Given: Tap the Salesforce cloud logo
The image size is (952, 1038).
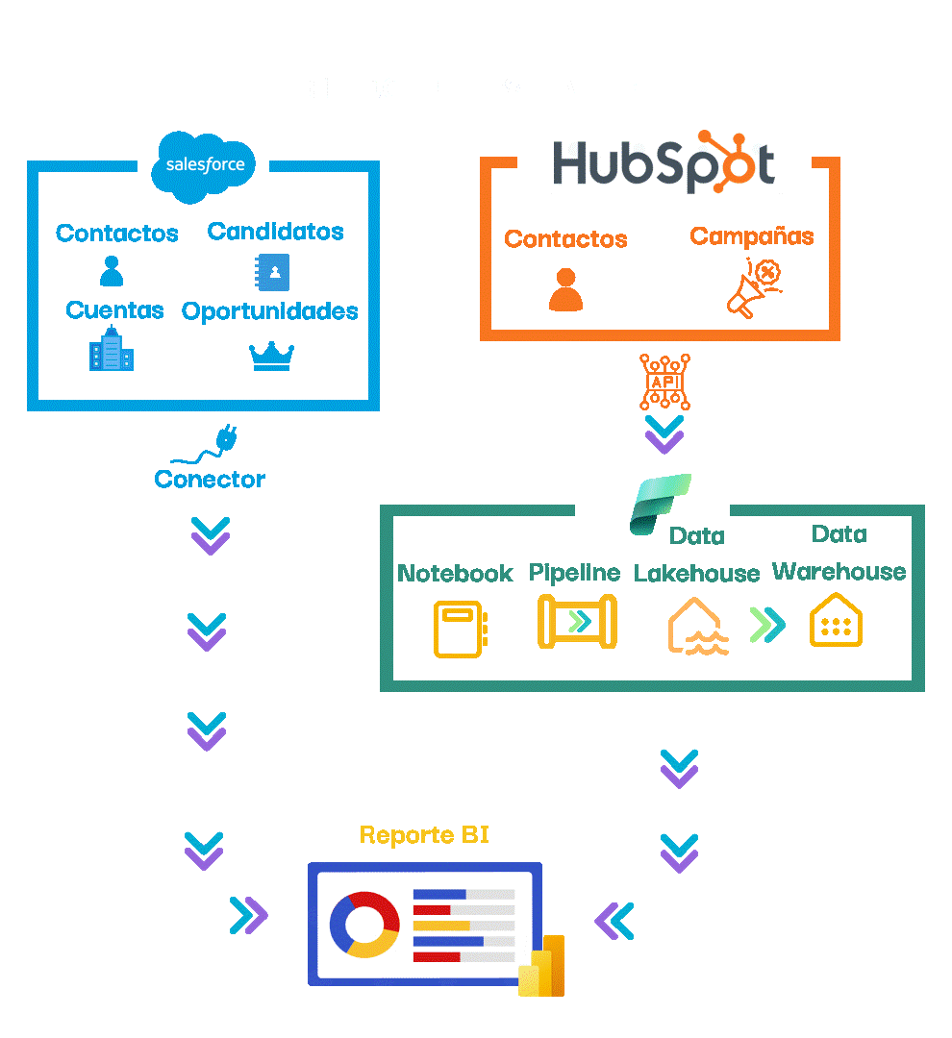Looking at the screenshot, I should [205, 165].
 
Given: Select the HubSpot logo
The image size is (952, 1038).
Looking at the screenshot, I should [664, 162].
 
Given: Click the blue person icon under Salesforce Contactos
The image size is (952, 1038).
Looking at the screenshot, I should [112, 271].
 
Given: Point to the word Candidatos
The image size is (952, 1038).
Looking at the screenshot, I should [275, 232].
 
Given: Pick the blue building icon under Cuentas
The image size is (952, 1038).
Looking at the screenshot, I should [112, 350].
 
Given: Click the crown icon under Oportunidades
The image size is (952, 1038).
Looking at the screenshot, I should [271, 355].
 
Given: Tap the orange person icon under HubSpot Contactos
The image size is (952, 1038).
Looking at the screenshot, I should [565, 290].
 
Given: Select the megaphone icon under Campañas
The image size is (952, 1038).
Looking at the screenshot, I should [752, 290].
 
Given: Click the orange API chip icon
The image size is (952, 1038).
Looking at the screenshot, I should [664, 382].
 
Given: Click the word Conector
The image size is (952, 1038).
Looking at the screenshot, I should [210, 479].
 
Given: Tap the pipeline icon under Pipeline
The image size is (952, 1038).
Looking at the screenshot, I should [576, 621].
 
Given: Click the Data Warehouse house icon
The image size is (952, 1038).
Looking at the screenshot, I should [836, 621].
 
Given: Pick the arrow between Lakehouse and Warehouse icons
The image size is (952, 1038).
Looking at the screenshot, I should [766, 625].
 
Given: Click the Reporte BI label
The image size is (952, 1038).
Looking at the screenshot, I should [424, 834].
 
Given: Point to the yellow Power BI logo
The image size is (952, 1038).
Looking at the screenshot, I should [541, 966].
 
